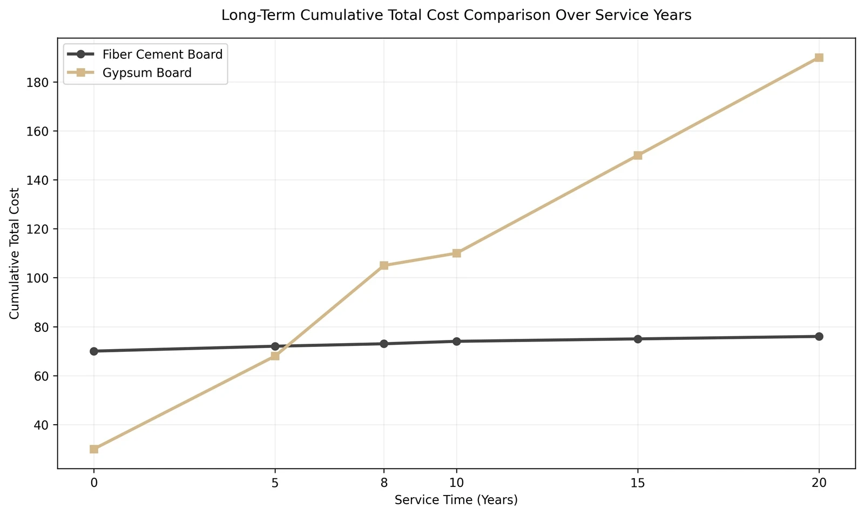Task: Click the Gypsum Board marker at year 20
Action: point(819,57)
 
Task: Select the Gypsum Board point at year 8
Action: point(384,265)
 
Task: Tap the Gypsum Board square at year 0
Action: point(94,449)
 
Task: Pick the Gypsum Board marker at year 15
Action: point(638,155)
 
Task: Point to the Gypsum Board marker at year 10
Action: point(456,253)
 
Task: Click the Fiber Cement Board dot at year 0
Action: point(94,351)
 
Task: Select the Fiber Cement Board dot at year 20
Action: point(819,336)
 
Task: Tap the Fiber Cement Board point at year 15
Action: point(638,339)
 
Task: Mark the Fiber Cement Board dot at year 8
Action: point(384,344)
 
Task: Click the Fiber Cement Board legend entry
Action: point(145,55)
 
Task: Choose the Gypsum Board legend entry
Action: point(130,72)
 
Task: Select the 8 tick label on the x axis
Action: point(384,483)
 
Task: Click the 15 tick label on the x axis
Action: point(638,483)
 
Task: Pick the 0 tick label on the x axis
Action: point(94,483)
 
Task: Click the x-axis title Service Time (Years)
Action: point(456,500)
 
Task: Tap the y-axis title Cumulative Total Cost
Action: point(14,253)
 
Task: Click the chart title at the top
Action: point(456,15)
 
